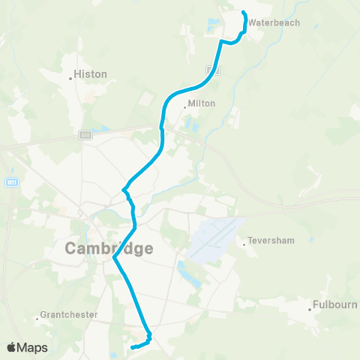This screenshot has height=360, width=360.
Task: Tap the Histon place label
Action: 91,75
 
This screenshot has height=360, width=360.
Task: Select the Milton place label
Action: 202,103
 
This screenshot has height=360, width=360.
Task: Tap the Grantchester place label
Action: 69,315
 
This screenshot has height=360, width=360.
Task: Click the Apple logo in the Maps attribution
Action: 11,347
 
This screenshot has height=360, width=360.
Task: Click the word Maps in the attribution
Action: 33,347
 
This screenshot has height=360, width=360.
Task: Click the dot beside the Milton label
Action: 184,106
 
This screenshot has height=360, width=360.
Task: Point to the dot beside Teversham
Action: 244,242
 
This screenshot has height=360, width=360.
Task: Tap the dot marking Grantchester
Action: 37,320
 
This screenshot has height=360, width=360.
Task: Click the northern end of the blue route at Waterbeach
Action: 244,12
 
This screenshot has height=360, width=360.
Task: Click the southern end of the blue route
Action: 132,348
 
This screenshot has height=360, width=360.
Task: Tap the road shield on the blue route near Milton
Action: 217,72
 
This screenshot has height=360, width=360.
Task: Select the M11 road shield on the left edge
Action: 11,181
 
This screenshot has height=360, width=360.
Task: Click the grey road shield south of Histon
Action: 85,135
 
